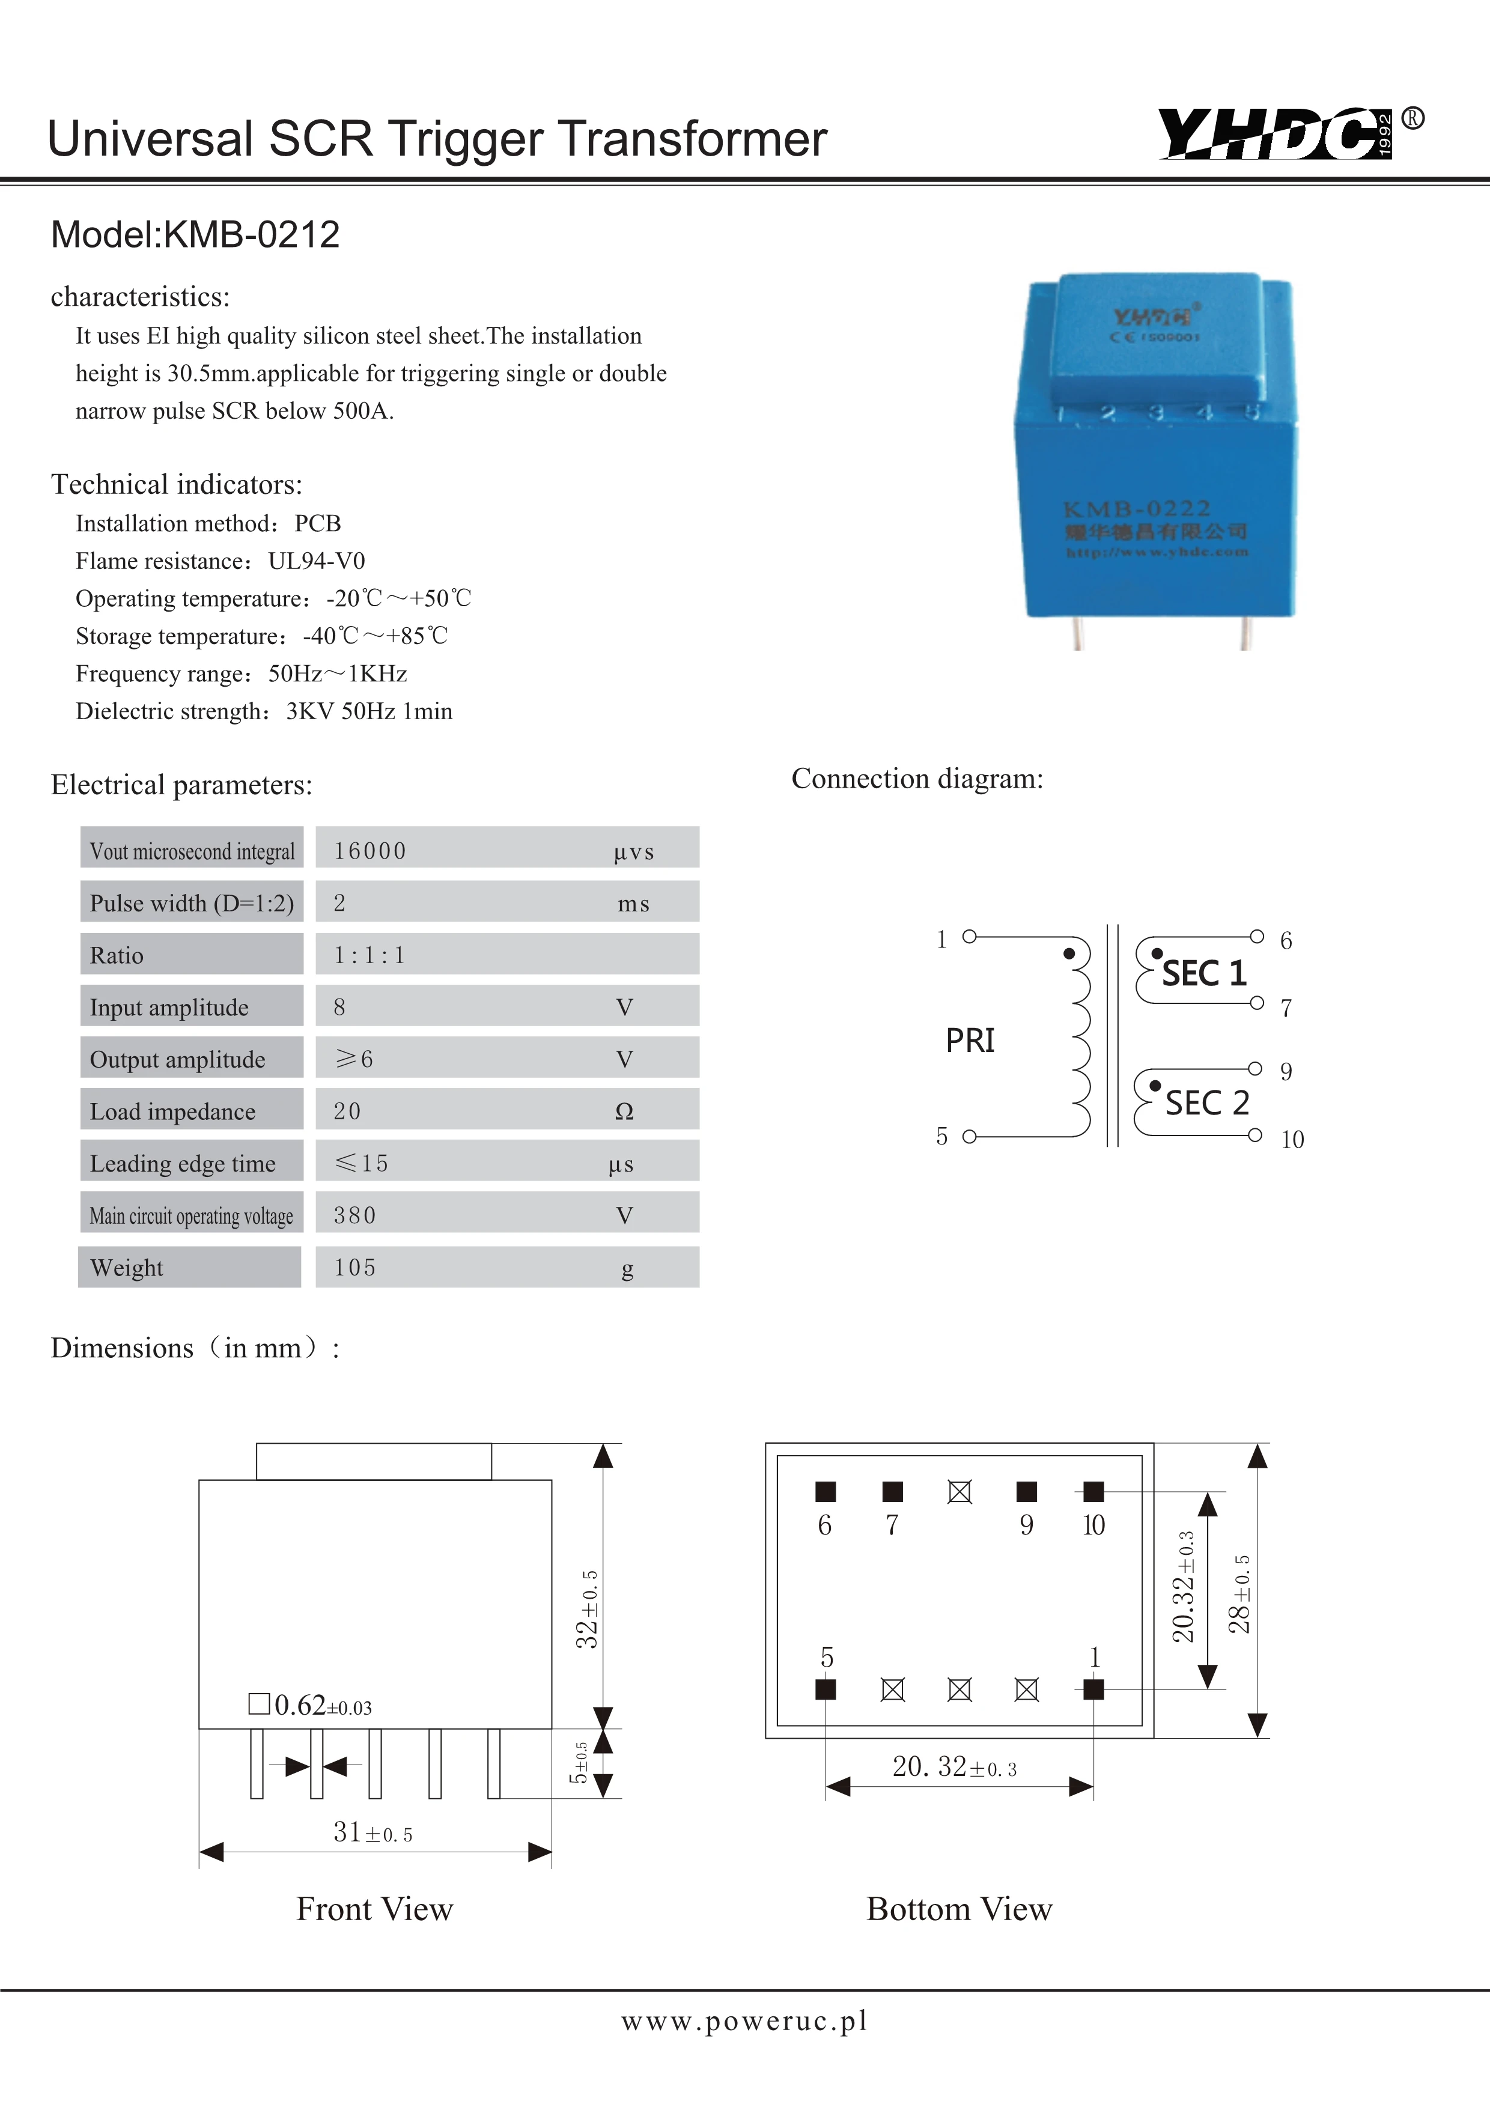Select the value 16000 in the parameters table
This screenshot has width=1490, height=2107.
[x=369, y=851]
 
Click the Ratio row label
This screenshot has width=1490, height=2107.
[x=117, y=955]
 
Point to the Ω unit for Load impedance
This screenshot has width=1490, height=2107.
[x=624, y=1111]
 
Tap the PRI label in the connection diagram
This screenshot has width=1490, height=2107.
[x=970, y=1041]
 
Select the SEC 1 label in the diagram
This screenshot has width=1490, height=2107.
[x=1204, y=973]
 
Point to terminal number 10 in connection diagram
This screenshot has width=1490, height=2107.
[x=1292, y=1140]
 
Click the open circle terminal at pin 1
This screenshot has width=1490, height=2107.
[x=969, y=937]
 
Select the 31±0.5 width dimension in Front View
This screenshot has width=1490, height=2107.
[x=372, y=1832]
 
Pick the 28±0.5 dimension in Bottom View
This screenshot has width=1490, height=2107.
[x=1239, y=1594]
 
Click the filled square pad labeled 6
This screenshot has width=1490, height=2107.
[x=825, y=1491]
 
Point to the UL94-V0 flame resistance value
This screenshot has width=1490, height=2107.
[x=317, y=561]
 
